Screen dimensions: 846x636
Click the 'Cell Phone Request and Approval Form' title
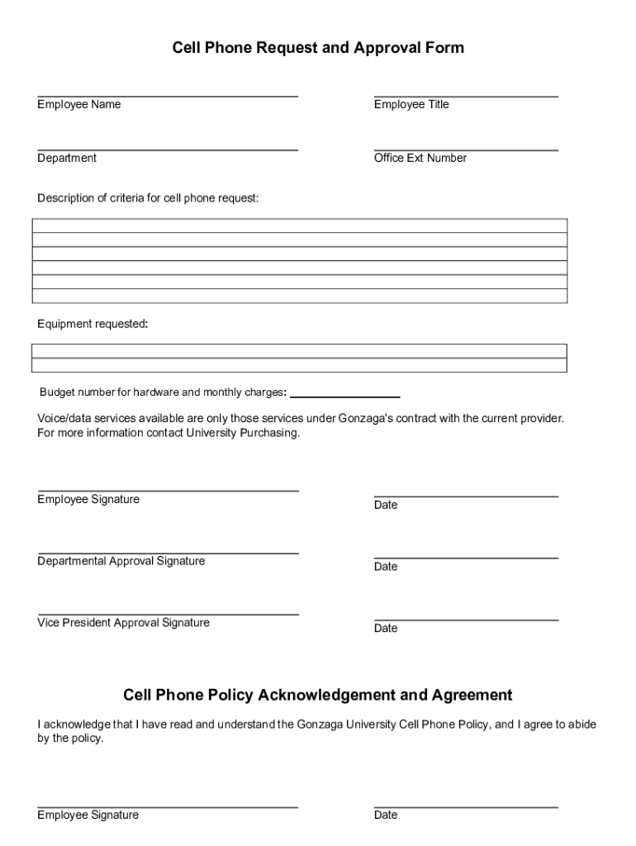tap(318, 48)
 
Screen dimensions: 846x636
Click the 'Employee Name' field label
tap(78, 105)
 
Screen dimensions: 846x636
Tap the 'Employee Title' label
tap(411, 105)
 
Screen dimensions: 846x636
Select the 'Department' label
tap(67, 158)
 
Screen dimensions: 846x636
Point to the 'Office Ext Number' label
tap(420, 158)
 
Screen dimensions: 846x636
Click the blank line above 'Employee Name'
tap(168, 97)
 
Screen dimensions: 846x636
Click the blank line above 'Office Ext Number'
tap(466, 150)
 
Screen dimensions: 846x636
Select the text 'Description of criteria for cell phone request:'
tap(148, 198)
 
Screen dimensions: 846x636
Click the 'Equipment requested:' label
tap(93, 324)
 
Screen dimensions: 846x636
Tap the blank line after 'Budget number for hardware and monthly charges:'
tap(345, 397)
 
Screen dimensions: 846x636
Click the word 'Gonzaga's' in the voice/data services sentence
tap(363, 419)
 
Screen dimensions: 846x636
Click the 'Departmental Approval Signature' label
tap(121, 562)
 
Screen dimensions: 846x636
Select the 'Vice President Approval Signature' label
tap(123, 623)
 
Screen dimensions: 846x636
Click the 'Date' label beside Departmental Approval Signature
tap(386, 567)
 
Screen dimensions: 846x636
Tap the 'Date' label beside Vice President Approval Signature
tap(386, 629)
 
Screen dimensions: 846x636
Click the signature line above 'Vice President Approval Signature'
tap(168, 615)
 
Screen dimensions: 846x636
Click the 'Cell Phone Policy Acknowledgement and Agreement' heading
tap(318, 695)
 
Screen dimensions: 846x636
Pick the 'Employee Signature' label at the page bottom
tap(88, 815)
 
